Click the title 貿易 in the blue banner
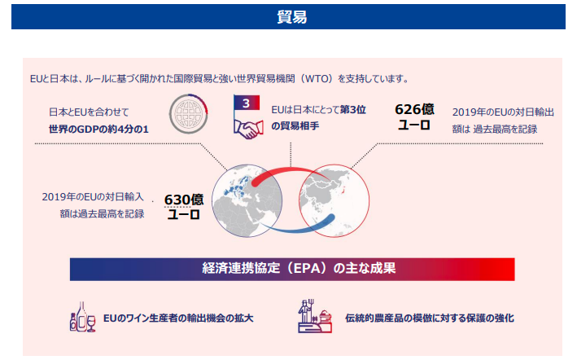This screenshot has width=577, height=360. click(x=292, y=17)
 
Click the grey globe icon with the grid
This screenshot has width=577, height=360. click(x=189, y=114)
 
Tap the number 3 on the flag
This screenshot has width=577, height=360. click(x=247, y=103)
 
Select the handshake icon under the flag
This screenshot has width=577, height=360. click(x=248, y=130)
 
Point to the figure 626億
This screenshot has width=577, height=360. click(x=414, y=109)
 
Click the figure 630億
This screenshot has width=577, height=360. click(x=184, y=200)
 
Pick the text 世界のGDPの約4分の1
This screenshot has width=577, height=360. click(x=98, y=130)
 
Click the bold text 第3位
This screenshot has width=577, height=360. click(x=352, y=110)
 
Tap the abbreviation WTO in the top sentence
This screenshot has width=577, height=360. click(x=319, y=79)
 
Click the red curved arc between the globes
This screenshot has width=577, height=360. click(x=291, y=169)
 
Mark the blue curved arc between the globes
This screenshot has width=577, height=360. click(x=295, y=230)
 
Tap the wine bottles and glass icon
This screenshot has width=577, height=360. click(x=83, y=317)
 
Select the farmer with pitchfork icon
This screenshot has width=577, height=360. click(x=315, y=316)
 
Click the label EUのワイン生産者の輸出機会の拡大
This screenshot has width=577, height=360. click(x=178, y=318)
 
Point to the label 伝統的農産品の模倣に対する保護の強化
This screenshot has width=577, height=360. click(x=430, y=318)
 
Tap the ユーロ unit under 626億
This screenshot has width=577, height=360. click(x=414, y=125)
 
